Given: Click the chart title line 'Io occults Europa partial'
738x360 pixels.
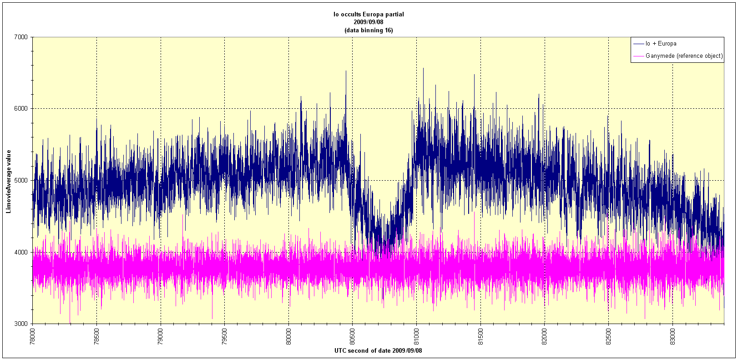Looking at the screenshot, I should click(369, 14).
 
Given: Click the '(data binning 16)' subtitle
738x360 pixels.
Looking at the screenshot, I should click(369, 30).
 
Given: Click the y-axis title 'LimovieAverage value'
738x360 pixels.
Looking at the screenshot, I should click(8, 180).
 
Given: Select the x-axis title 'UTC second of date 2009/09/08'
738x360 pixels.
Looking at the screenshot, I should click(378, 351).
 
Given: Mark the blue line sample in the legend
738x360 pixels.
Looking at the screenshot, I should click(638, 44).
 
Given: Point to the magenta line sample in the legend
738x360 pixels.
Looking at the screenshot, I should click(638, 56).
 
